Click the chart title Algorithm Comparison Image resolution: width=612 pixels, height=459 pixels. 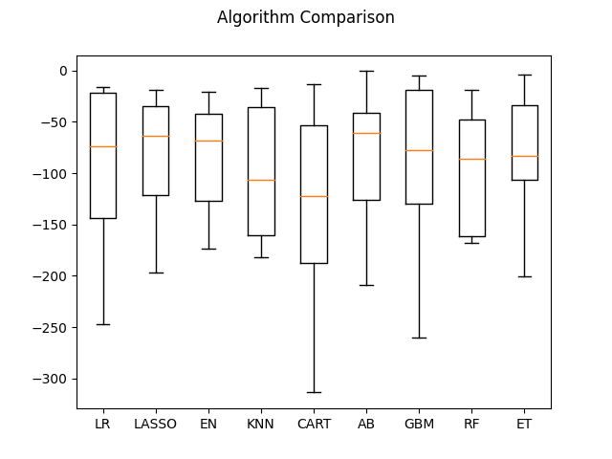[x=306, y=17]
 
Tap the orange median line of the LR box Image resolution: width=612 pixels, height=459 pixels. [x=103, y=146]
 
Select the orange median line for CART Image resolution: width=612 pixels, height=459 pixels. [x=314, y=196]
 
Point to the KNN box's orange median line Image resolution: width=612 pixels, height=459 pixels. [x=261, y=181]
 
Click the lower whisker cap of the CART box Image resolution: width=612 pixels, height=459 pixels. [x=314, y=392]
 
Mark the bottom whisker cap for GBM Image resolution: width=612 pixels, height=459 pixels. [x=419, y=338]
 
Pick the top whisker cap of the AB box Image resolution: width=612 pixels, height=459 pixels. [x=366, y=72]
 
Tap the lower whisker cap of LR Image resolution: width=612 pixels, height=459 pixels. [x=103, y=324]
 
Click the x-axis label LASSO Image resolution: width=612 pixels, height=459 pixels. [x=155, y=424]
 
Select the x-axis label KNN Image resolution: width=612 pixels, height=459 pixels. [x=261, y=424]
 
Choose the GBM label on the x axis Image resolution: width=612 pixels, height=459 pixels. [x=419, y=424]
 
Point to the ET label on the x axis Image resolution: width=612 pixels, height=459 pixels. [x=524, y=424]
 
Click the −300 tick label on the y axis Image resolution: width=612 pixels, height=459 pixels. [x=50, y=379]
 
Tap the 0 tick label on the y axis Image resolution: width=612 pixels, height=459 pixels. [x=63, y=71]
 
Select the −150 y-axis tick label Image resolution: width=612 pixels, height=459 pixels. [x=50, y=226]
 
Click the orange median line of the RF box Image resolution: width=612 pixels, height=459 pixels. [x=472, y=160]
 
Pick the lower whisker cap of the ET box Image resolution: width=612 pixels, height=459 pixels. [x=525, y=276]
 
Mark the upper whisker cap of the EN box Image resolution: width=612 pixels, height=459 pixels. [x=208, y=92]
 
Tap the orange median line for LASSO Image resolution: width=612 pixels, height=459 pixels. [x=156, y=136]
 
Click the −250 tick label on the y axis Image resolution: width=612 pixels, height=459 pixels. [x=50, y=328]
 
